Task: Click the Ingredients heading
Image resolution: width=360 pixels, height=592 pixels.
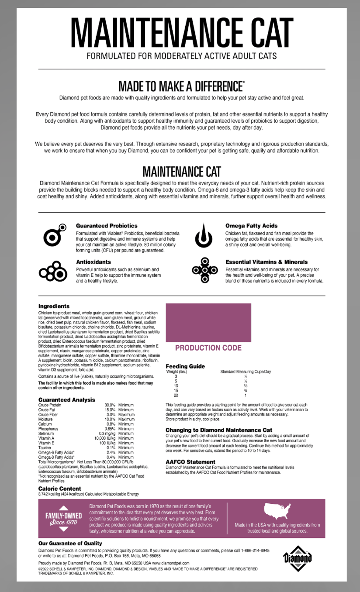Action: point(54,306)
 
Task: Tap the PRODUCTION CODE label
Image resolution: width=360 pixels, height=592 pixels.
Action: point(208,348)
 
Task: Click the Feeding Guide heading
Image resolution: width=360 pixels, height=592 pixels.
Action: point(185,366)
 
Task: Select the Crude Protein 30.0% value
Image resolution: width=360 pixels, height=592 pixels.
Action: point(110,405)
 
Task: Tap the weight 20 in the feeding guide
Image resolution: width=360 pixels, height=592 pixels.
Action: point(176,396)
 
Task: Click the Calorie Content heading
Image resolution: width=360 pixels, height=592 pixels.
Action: point(60,489)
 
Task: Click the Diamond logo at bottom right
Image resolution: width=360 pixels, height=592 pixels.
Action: point(298,558)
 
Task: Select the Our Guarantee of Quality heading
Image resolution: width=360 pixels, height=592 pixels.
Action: point(70,544)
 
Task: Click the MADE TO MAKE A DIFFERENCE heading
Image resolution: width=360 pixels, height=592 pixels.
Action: point(181,86)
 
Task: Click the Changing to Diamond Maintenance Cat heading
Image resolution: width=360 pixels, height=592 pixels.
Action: point(219,430)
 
